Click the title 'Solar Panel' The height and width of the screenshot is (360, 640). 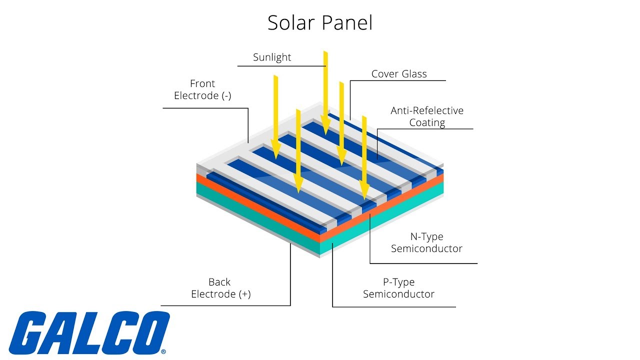point(320,23)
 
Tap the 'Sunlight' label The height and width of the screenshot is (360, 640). point(272,57)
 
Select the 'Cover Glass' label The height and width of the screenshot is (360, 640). point(399,74)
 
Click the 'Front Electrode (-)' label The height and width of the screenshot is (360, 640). point(202,89)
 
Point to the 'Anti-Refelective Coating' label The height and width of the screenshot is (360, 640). point(427,116)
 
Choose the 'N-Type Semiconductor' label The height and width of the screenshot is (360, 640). point(426,242)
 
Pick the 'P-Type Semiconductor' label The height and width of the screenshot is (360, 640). point(398,288)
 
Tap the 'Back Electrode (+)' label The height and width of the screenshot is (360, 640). point(220,288)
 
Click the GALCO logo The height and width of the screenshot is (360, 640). point(89,333)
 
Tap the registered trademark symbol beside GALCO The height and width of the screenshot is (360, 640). point(163,351)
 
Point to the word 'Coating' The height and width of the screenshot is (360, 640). point(427,122)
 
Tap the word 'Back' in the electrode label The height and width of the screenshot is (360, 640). point(219,282)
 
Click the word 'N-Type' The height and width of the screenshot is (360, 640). point(426,236)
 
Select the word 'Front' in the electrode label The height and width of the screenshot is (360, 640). point(202,83)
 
